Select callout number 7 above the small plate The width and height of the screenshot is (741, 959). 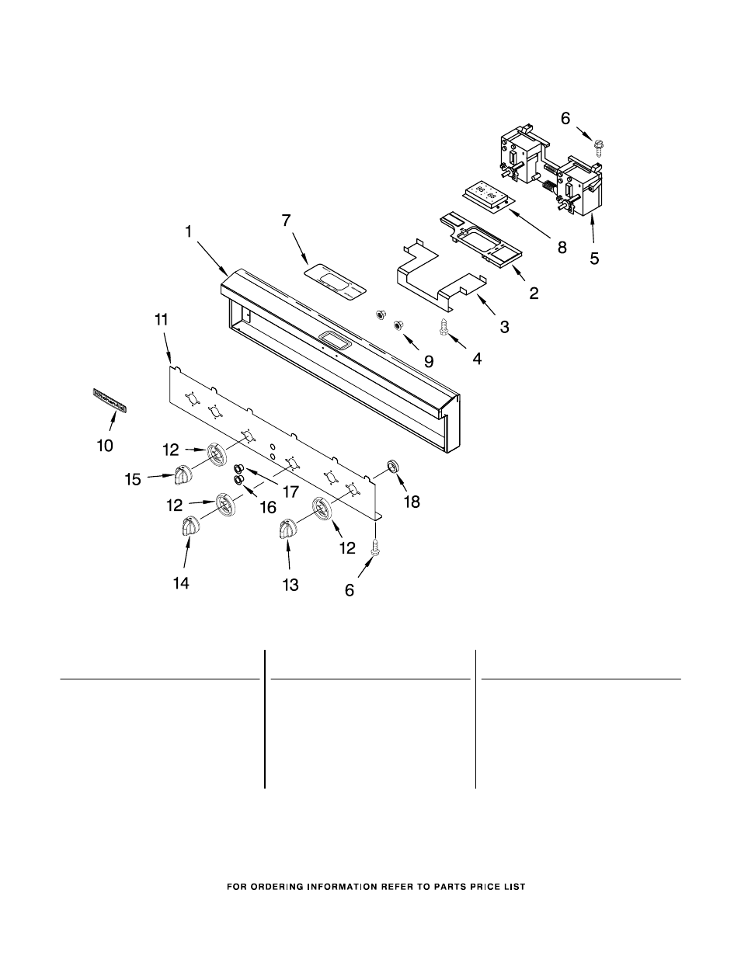coord(286,221)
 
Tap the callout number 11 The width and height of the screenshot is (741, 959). coord(161,319)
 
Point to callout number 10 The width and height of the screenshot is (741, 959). coord(104,445)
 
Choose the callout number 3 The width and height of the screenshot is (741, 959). coord(505,328)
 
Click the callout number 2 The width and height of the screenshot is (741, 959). coord(534,294)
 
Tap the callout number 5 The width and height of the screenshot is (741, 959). coord(594,259)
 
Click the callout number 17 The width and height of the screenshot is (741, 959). coord(290,491)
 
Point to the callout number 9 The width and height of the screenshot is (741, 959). coord(428,360)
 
